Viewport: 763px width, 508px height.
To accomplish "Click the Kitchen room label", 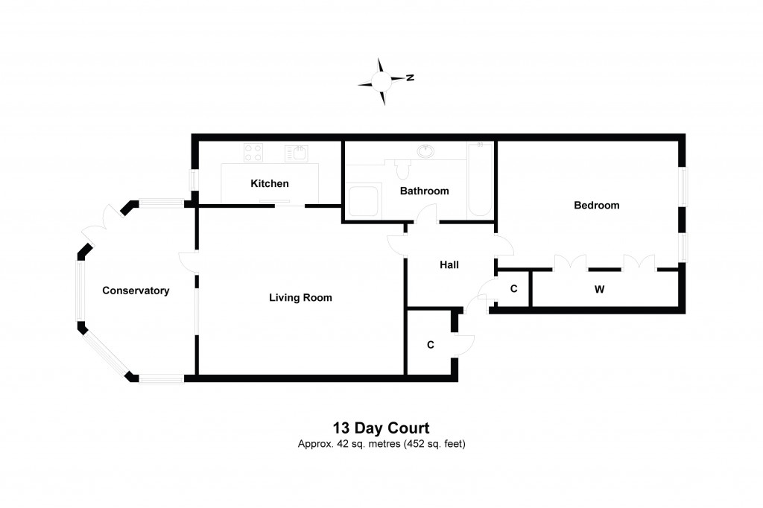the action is point(269,183).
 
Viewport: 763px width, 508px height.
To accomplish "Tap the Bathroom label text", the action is point(424,191).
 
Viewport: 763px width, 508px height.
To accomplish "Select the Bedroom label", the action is point(596,205).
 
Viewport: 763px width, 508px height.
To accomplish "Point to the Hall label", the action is point(449,264).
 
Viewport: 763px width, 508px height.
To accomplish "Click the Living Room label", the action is point(300,297).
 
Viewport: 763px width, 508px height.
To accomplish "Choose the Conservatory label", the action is point(136,290).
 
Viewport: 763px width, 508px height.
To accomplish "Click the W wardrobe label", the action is point(599,290).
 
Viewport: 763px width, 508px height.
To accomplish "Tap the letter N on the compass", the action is point(410,77).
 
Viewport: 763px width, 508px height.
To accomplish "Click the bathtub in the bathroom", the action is point(480,180).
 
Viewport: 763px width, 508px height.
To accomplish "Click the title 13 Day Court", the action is point(381,428).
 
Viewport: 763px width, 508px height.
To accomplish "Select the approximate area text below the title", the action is point(381,444).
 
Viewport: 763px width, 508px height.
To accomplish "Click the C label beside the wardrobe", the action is point(513,289).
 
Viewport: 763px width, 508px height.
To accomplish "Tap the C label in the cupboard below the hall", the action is point(430,345).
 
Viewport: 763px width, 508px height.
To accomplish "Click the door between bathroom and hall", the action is point(427,216).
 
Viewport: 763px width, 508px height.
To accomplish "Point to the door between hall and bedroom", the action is point(501,246).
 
